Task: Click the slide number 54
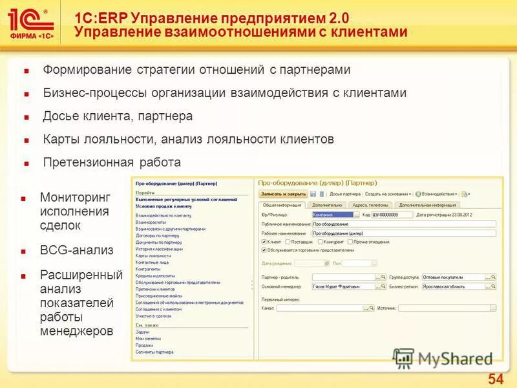click(x=496, y=378)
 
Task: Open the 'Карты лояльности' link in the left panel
click(x=153, y=256)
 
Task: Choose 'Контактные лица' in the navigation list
click(x=152, y=263)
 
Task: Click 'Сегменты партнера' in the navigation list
click(x=154, y=352)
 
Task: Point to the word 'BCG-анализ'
click(x=76, y=250)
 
